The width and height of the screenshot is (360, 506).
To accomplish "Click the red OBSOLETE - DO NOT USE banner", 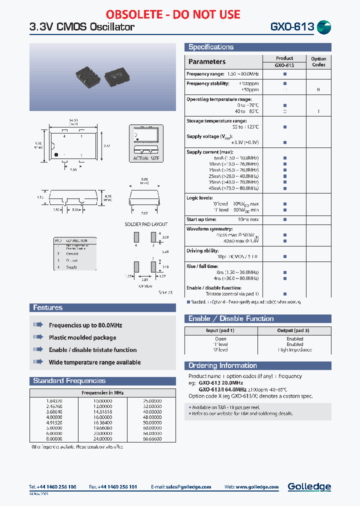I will coord(180,14).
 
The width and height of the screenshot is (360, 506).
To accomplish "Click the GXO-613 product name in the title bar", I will coord(292,26).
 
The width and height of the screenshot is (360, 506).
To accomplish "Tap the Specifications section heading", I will coord(211,47).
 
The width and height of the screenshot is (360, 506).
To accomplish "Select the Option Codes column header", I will coord(318,61).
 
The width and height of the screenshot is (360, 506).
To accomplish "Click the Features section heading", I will coord(48,307).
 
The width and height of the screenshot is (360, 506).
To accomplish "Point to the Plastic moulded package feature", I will coord(82,337).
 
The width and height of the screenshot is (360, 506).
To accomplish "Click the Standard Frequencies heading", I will coord(69,380).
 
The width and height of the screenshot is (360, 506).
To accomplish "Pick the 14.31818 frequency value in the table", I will coord(102,411).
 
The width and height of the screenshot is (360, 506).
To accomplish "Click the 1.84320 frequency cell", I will coord(54,400).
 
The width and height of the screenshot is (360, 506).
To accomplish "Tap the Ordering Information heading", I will coord(222,365).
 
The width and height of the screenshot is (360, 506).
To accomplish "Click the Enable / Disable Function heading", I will coord(231,318).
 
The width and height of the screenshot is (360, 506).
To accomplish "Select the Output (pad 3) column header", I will coord(294,330).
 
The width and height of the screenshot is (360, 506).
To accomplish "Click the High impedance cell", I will coord(294,349).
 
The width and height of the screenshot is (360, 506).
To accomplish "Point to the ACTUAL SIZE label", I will coord(146,158).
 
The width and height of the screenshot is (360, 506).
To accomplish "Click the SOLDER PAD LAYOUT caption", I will coord(146,224).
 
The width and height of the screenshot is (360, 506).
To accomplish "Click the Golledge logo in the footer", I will coord(309,486).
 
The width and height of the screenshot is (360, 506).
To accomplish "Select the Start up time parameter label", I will coord(201,219).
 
